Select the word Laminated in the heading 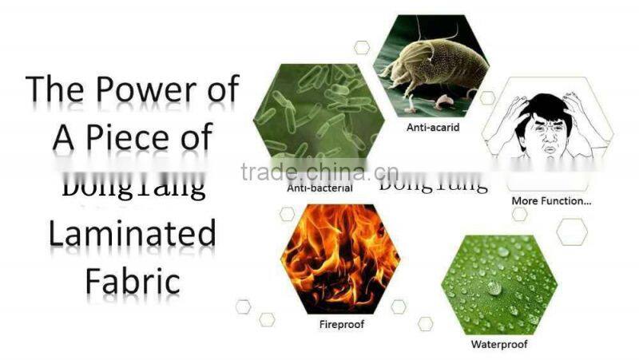click(x=132, y=234)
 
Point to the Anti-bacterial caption click(x=319, y=189)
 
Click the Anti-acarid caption click(x=434, y=126)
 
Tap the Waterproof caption click(x=499, y=345)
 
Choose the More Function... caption click(x=551, y=201)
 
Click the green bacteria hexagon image click(x=319, y=120)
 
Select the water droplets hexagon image click(x=499, y=283)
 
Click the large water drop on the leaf click(x=495, y=288)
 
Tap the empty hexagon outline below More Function click(x=572, y=231)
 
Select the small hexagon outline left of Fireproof click(x=267, y=318)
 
